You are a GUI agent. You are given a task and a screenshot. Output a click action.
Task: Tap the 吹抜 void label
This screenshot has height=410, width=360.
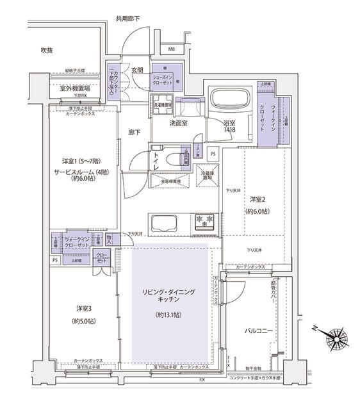click(x=47, y=50)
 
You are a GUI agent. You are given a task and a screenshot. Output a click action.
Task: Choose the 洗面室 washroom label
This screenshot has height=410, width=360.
click(x=178, y=122)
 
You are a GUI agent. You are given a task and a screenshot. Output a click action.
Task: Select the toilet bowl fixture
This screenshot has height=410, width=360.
click(x=171, y=160)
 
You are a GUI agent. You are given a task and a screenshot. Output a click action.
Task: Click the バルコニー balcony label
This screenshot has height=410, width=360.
click(x=258, y=331)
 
